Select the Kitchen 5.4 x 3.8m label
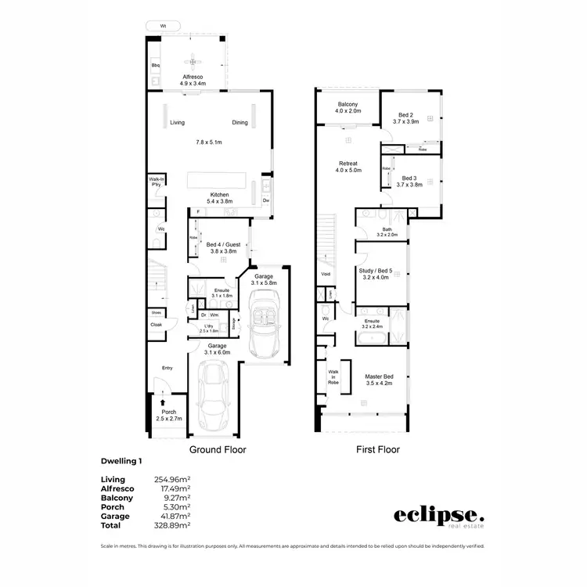218,199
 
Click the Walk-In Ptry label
156,182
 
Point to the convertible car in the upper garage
264,319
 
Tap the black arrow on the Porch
163,404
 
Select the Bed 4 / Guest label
221,248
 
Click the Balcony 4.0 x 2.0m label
348,108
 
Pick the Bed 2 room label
407,117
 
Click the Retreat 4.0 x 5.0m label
348,166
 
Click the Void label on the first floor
325,275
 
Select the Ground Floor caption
218,450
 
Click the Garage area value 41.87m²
175,517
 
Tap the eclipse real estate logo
438,517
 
